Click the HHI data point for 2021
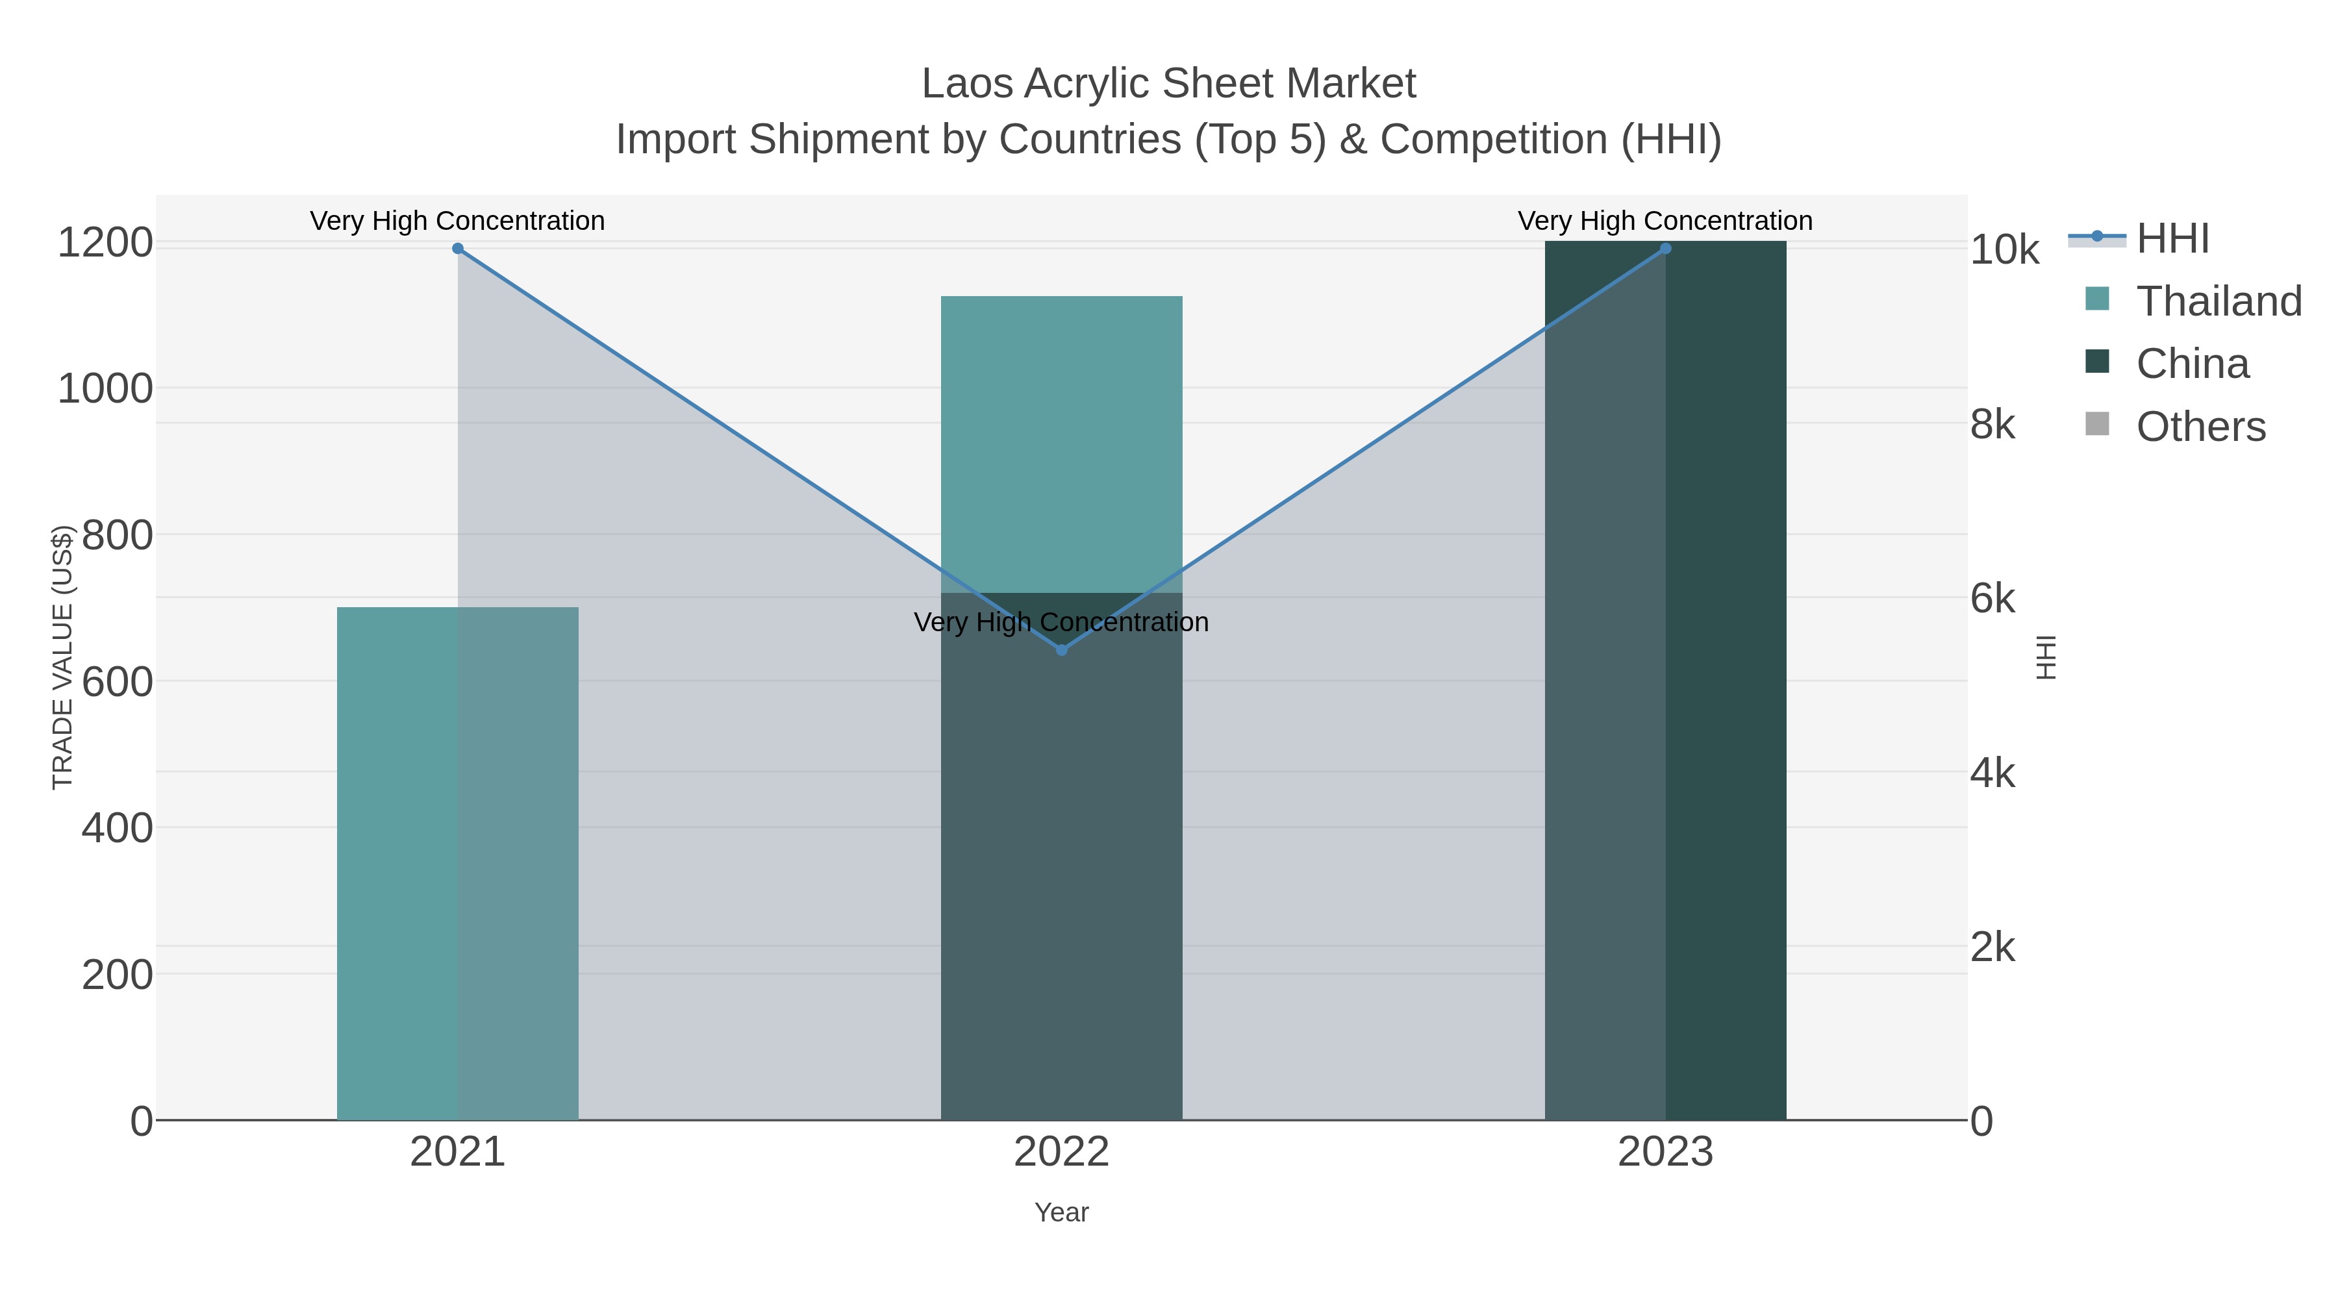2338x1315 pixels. pyautogui.click(x=457, y=249)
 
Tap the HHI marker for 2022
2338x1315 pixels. pyautogui.click(x=1062, y=650)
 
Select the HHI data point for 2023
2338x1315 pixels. pyautogui.click(x=1665, y=249)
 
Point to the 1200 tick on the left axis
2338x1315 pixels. pyautogui.click(x=105, y=244)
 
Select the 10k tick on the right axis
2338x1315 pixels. pyautogui.click(x=2004, y=251)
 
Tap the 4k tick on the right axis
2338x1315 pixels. pyautogui.click(x=1992, y=774)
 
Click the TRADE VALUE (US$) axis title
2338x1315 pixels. pyautogui.click(x=62, y=657)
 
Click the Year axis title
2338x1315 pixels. pyautogui.click(x=1062, y=1212)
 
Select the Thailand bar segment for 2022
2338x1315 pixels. pyautogui.click(x=1062, y=445)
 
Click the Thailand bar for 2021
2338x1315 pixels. pyautogui.click(x=399, y=862)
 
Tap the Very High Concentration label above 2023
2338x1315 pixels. pyautogui.click(x=1665, y=221)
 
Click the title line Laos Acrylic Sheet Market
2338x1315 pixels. pyautogui.click(x=1168, y=84)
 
